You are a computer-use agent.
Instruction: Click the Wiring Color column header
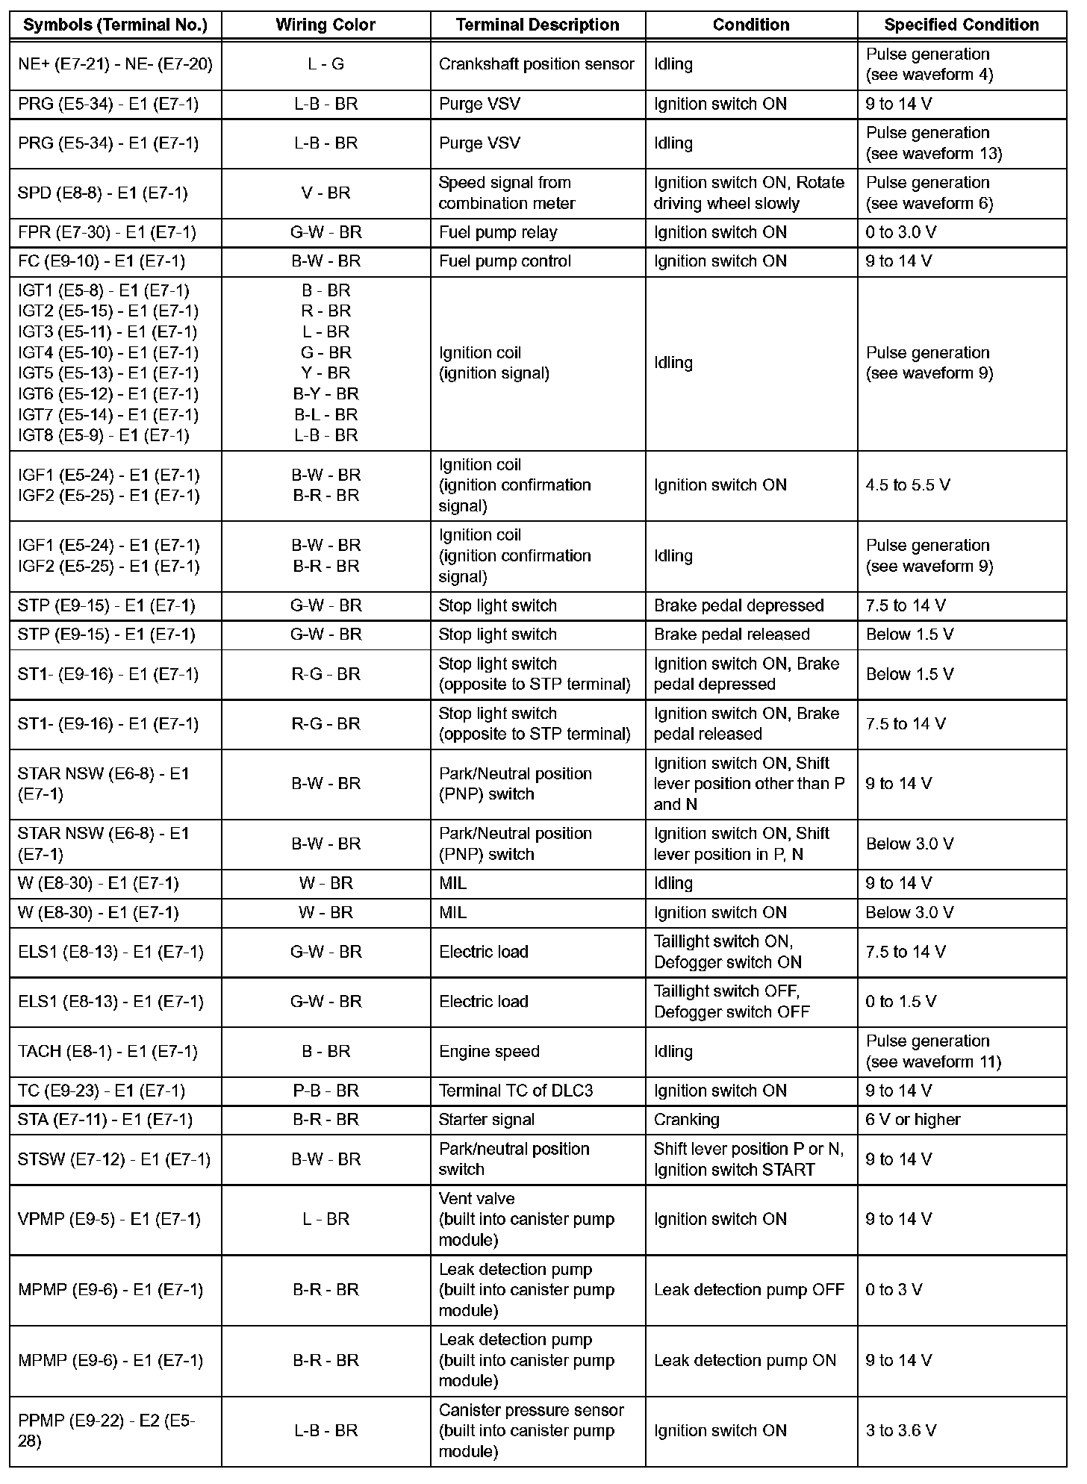point(326,25)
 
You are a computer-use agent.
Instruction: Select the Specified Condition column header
point(961,25)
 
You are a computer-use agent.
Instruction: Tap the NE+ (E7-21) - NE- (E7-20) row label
point(115,64)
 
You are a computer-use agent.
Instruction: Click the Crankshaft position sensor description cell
point(536,64)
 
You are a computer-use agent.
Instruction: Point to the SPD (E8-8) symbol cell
point(102,193)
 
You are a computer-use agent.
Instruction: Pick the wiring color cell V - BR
point(326,193)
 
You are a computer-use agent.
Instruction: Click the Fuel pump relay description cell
point(498,233)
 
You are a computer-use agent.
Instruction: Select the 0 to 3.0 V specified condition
point(900,233)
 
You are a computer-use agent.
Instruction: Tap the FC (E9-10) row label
point(102,261)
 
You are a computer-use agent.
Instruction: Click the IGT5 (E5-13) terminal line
point(108,373)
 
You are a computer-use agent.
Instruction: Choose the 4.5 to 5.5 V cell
point(908,485)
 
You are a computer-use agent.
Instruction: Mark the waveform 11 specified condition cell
point(933,1051)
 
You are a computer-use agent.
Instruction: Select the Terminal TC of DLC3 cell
point(516,1091)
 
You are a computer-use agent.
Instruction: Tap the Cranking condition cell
point(686,1120)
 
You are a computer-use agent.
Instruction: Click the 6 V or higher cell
point(913,1120)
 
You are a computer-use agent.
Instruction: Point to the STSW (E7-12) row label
point(114,1159)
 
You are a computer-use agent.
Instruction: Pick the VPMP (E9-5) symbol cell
point(109,1219)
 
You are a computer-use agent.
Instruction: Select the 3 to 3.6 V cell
point(901,1430)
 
